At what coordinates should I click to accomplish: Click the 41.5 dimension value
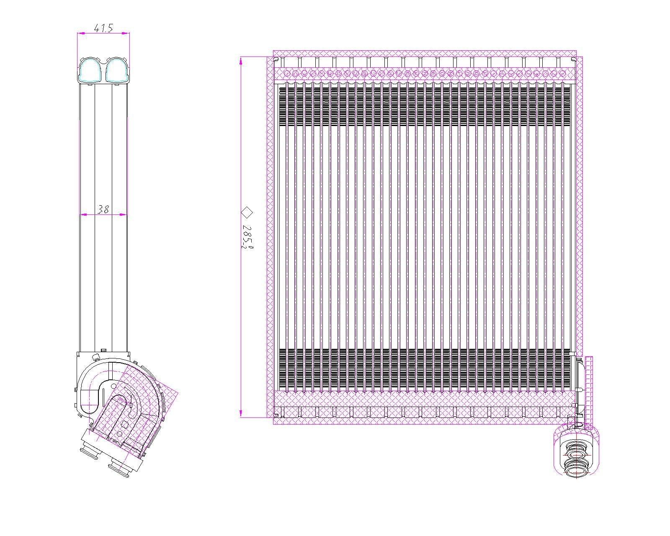[103, 28]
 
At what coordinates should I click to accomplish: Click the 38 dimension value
[103, 209]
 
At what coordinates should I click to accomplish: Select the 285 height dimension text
[247, 237]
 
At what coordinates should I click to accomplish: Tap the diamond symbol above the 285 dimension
[247, 212]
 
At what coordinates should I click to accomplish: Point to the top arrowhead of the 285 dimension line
[241, 60]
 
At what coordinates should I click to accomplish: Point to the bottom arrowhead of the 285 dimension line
[241, 413]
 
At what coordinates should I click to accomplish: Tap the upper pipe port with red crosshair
[577, 454]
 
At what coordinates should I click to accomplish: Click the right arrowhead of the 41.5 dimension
[126, 33]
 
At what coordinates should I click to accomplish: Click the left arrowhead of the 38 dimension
[82, 214]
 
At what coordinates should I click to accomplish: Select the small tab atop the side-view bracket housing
[103, 350]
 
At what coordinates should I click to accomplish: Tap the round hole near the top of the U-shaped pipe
[113, 386]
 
